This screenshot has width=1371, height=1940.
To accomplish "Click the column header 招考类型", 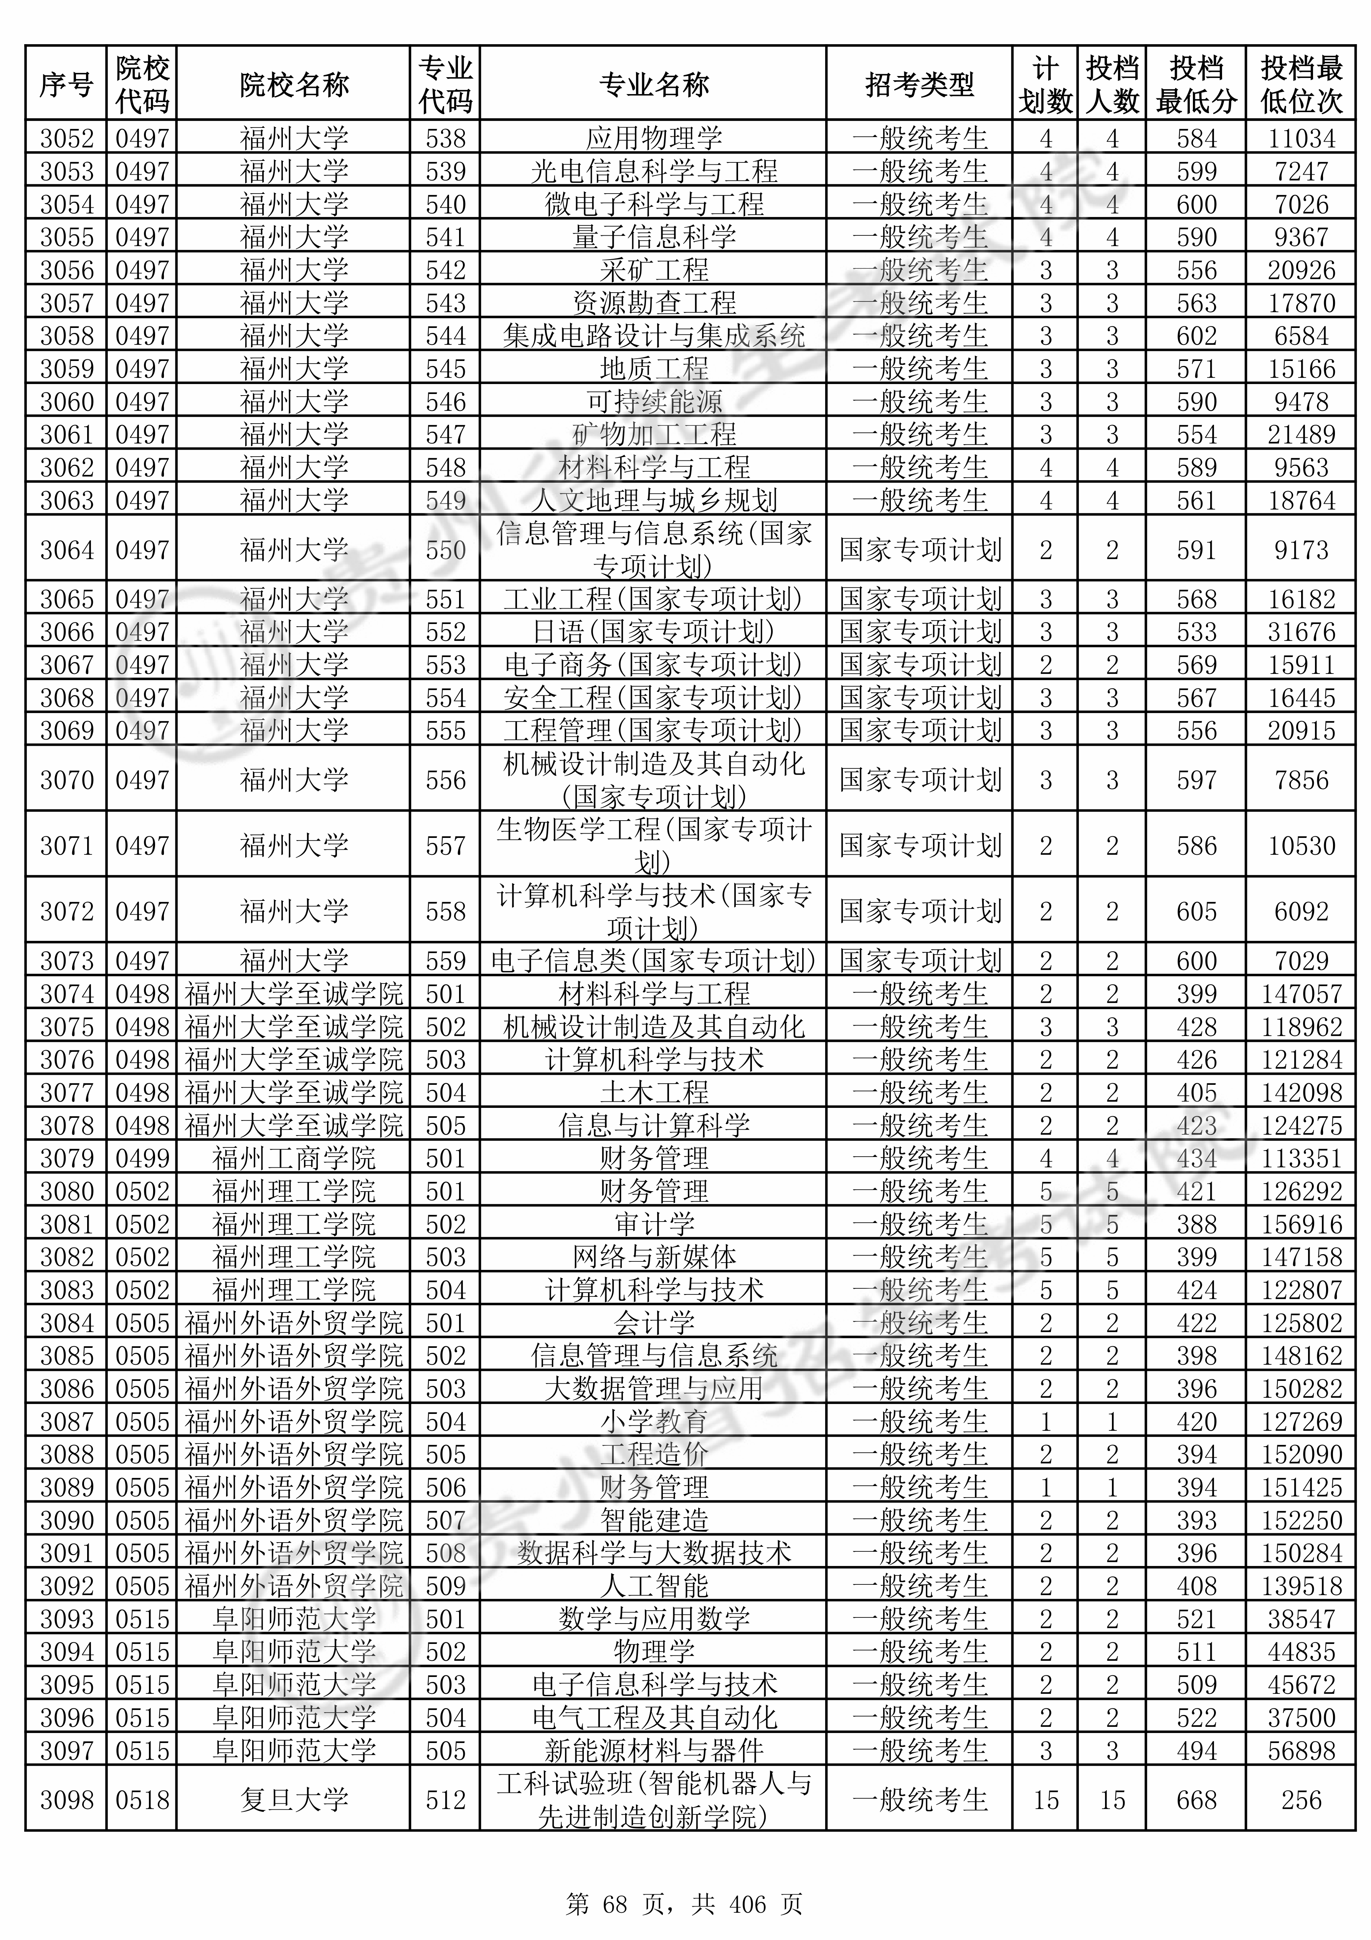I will tap(919, 84).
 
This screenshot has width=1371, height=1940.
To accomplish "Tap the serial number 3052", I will tap(67, 138).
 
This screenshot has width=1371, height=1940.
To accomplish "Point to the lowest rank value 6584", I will tap(1301, 336).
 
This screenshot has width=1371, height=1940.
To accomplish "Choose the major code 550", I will tap(445, 550).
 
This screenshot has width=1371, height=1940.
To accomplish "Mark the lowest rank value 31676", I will tap(1301, 632).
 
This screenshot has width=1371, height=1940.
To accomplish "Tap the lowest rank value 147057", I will tap(1301, 994).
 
